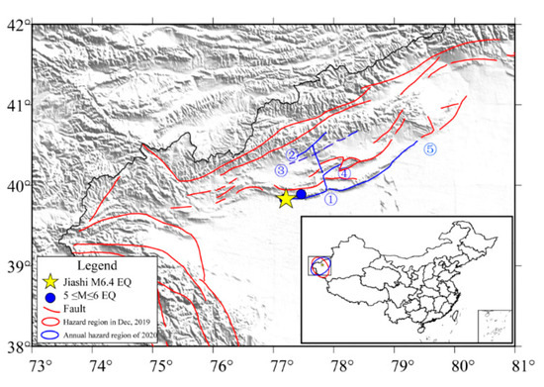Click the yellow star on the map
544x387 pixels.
pyautogui.click(x=286, y=198)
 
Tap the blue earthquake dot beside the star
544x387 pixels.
pyautogui.click(x=301, y=194)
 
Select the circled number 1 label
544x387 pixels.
pyautogui.click(x=332, y=199)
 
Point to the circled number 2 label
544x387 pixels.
pyautogui.click(x=292, y=155)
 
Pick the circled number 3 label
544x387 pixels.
pyautogui.click(x=281, y=171)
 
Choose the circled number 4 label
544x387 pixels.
pyautogui.click(x=345, y=172)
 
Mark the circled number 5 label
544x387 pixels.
pyautogui.click(x=429, y=149)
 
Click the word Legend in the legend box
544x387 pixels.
pyautogui.click(x=96, y=267)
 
